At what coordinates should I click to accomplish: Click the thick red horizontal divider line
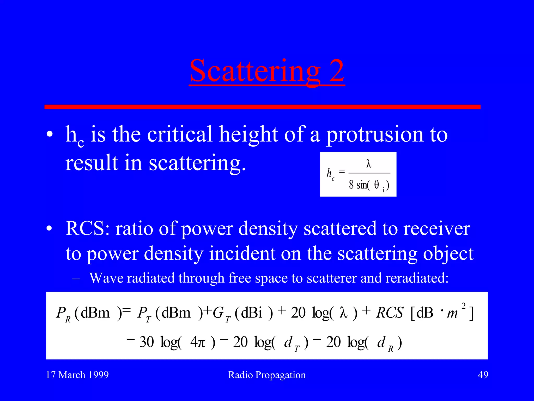coord(262,107)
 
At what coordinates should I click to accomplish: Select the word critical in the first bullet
coord(180,134)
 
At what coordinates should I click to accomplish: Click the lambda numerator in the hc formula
coord(369,164)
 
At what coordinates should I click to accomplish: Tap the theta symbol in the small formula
coord(377,185)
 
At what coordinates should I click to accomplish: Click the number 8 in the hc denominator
coord(351,185)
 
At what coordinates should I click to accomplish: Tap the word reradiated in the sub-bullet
coord(417,278)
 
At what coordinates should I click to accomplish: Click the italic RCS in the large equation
coord(390,313)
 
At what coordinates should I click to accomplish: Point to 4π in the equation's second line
coord(198,342)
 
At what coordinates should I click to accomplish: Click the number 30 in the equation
coord(147,342)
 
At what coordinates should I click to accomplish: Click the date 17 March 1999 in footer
coord(77,375)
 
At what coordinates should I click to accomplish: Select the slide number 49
coord(483,375)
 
